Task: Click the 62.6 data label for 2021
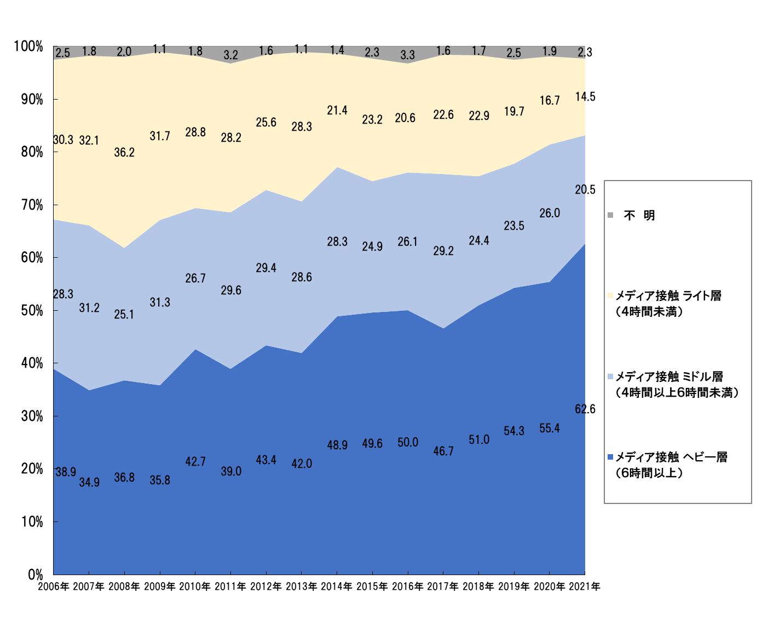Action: tap(585, 409)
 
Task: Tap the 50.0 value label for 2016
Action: tap(408, 443)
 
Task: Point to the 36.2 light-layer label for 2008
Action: tap(124, 153)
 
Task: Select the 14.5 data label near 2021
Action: tap(585, 97)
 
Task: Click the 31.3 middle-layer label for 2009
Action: tap(160, 303)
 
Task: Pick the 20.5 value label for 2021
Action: tap(585, 190)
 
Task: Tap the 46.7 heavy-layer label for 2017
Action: tap(443, 451)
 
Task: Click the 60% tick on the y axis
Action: tap(32, 258)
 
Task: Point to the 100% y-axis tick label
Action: tap(28, 47)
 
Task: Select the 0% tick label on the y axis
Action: tap(36, 575)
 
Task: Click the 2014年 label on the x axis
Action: tap(337, 587)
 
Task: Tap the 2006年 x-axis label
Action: tap(54, 587)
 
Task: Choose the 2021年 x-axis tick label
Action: tap(585, 587)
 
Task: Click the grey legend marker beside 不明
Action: tap(610, 216)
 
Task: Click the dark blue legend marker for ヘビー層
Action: tap(610, 457)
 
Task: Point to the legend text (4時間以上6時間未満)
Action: tap(678, 393)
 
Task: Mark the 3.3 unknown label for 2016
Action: tap(408, 55)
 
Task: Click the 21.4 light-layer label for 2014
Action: tap(337, 111)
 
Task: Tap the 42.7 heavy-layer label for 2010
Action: tap(195, 462)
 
